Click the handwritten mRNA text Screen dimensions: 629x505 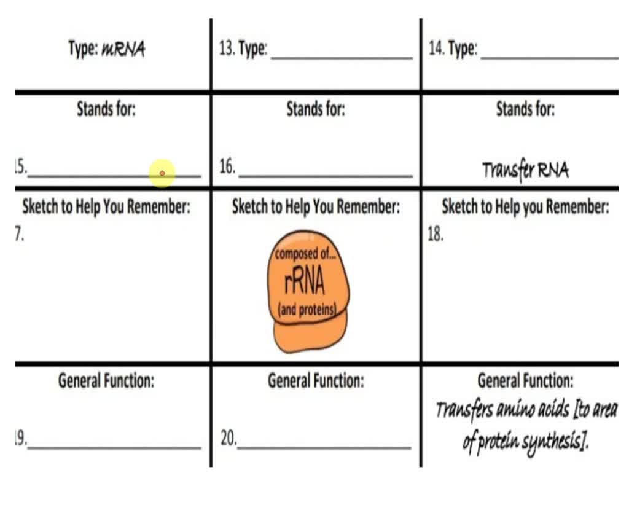(123, 49)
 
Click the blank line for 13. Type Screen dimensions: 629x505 (342, 58)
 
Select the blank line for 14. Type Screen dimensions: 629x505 (550, 58)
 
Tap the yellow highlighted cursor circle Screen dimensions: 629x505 (162, 173)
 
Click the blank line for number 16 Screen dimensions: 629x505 (326, 175)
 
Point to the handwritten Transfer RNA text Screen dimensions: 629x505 (525, 170)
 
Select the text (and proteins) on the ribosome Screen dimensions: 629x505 (307, 309)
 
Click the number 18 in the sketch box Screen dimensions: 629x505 (436, 234)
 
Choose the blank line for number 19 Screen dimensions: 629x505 (114, 447)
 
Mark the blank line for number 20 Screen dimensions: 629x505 (324, 447)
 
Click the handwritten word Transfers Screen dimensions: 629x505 (464, 410)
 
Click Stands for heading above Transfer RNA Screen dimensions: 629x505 (526, 109)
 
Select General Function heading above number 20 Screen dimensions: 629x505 (316, 380)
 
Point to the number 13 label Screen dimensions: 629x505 (227, 49)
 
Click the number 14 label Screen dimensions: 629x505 (437, 48)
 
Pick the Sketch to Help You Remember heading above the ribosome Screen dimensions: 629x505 (316, 207)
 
